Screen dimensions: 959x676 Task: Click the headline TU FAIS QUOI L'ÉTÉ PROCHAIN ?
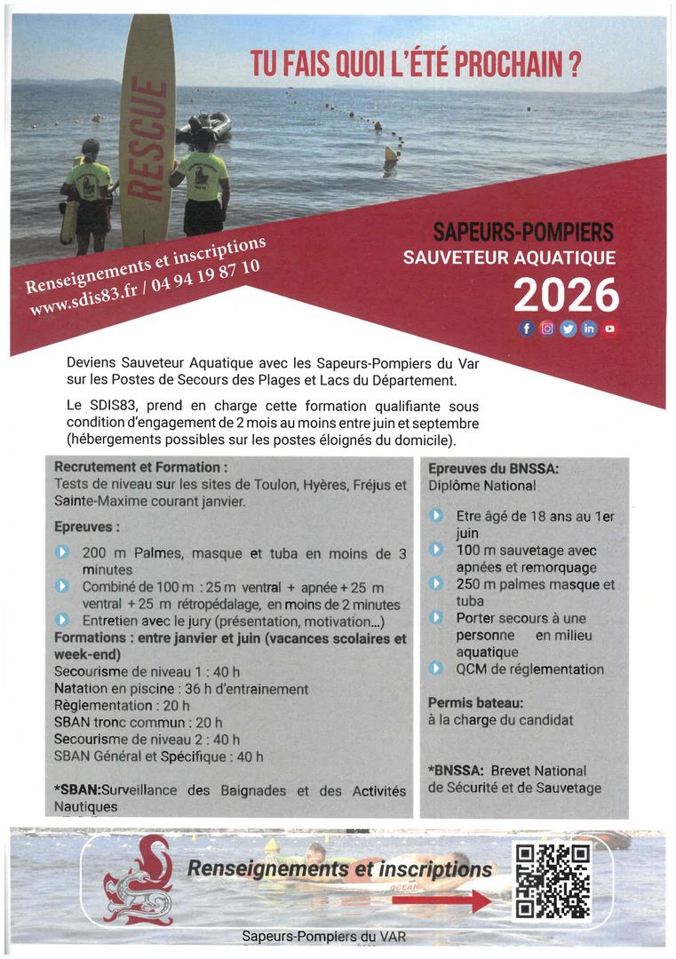(415, 65)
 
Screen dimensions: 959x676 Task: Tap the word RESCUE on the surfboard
(147, 139)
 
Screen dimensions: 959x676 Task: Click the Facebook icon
(526, 329)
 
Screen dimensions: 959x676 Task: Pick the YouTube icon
(610, 329)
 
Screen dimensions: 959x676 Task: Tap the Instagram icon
(547, 329)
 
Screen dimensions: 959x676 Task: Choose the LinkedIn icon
(589, 329)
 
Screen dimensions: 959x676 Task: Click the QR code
(553, 881)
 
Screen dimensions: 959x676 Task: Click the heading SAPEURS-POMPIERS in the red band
(523, 234)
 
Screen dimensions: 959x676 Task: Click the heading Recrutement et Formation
(140, 467)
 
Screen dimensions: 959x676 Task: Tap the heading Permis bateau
(475, 702)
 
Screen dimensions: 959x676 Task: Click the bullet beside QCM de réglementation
(436, 669)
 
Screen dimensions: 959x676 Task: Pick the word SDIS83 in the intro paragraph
(107, 406)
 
